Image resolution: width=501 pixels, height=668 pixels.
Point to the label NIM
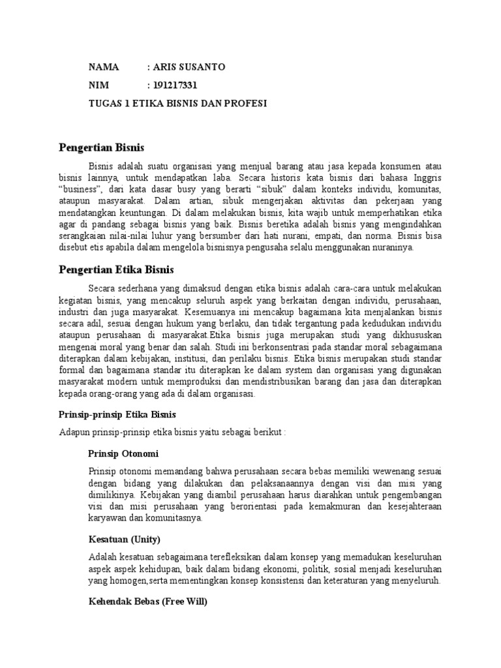99,85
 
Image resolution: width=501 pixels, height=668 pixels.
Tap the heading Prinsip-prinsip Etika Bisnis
117,414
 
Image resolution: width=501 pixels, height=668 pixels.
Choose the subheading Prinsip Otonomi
123,453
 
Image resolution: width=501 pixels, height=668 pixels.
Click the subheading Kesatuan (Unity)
124,539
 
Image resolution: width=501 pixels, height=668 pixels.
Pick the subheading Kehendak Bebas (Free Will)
147,602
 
